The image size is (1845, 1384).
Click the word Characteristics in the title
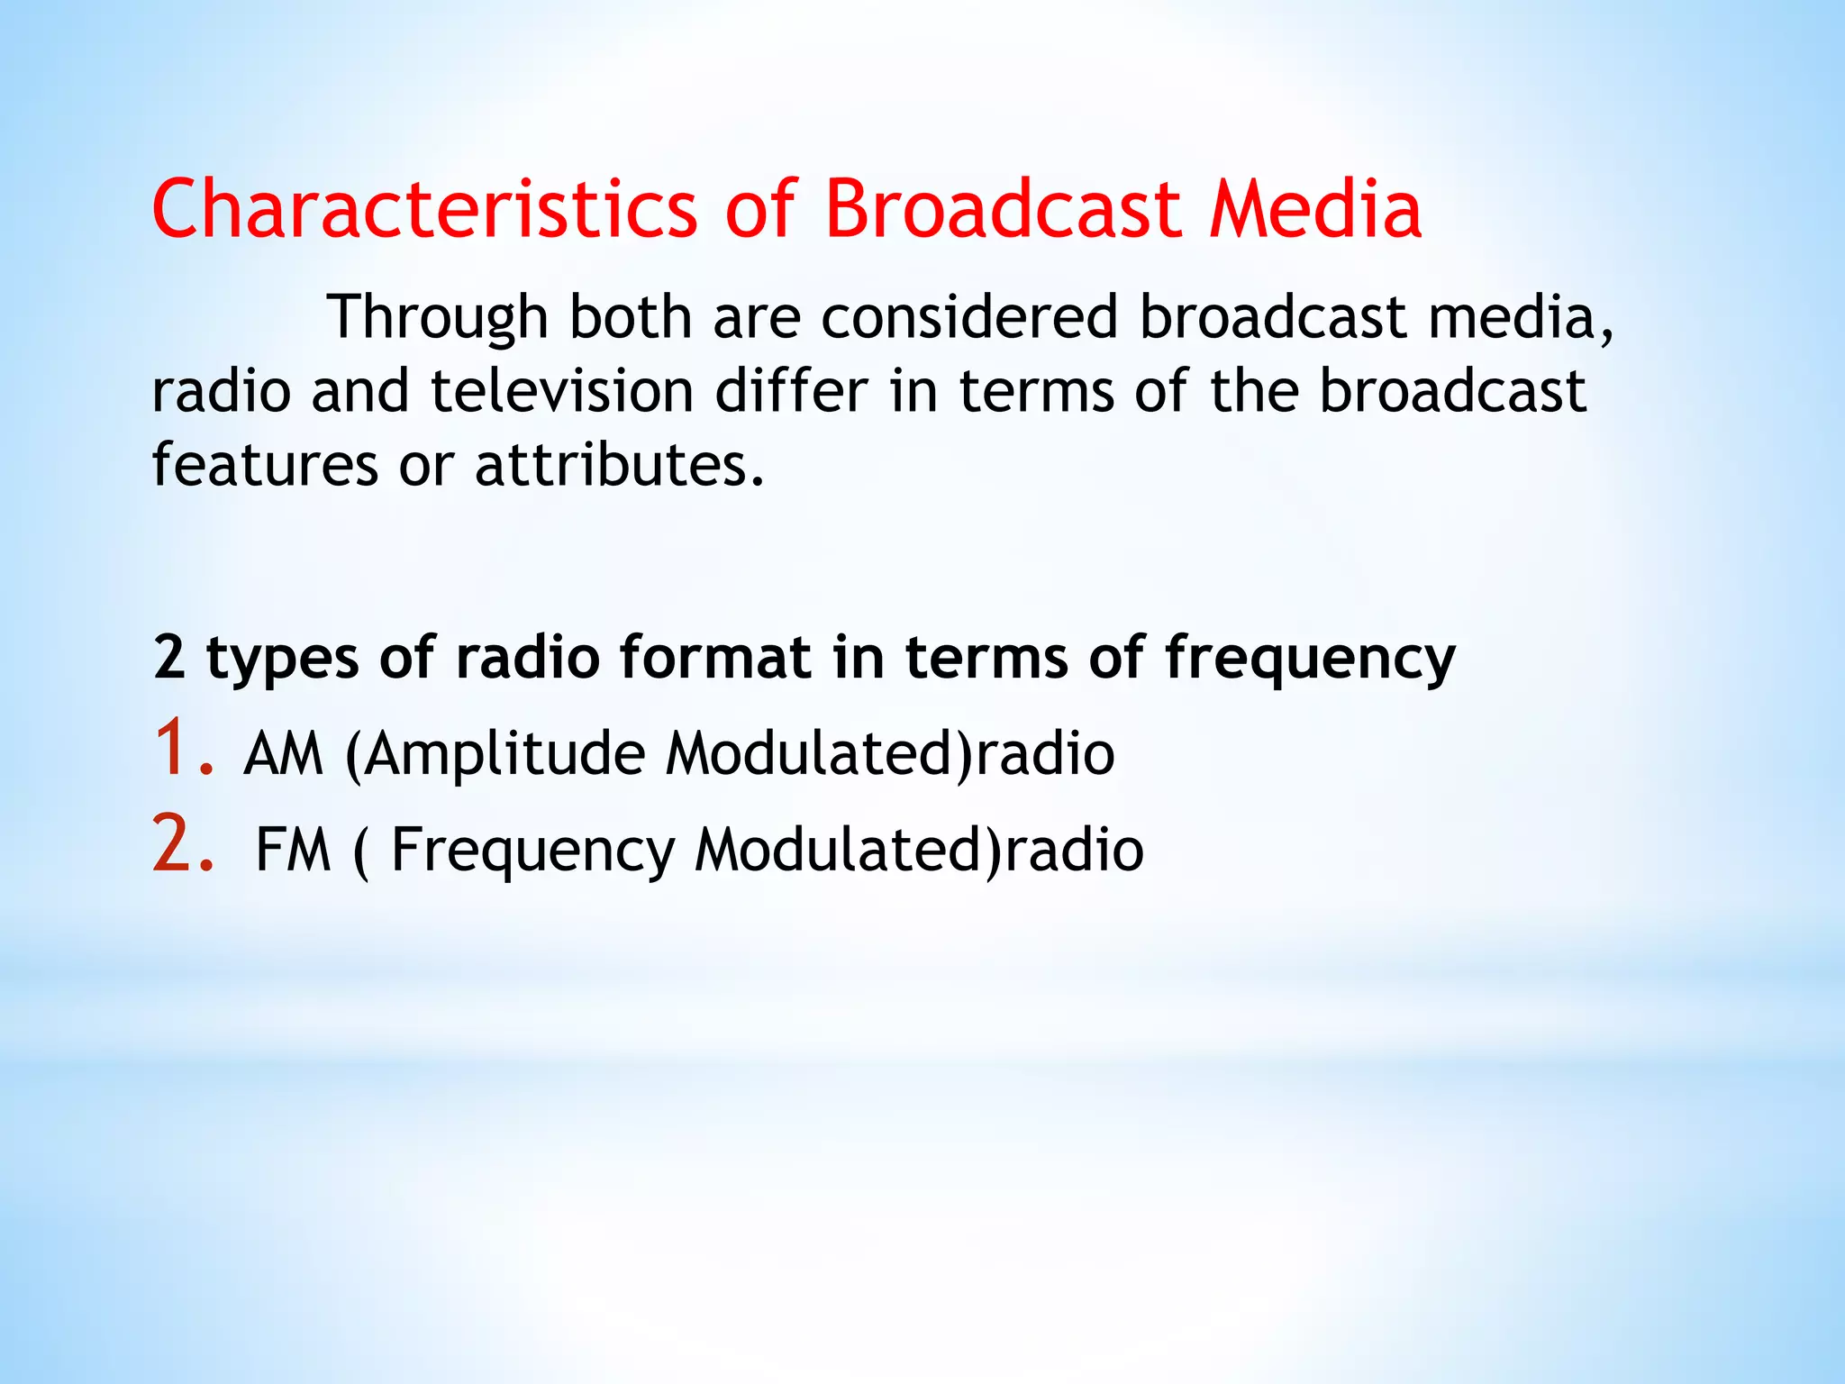tap(424, 209)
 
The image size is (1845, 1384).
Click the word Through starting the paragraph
tap(438, 318)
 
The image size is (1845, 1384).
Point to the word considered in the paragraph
tap(969, 317)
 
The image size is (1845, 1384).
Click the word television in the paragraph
tap(562, 391)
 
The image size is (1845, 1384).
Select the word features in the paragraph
tap(265, 465)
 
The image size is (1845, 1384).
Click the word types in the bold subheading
tap(283, 659)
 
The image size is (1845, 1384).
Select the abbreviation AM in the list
tap(283, 754)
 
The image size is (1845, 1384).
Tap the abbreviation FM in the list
tap(294, 850)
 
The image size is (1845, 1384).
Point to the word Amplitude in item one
tap(505, 755)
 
